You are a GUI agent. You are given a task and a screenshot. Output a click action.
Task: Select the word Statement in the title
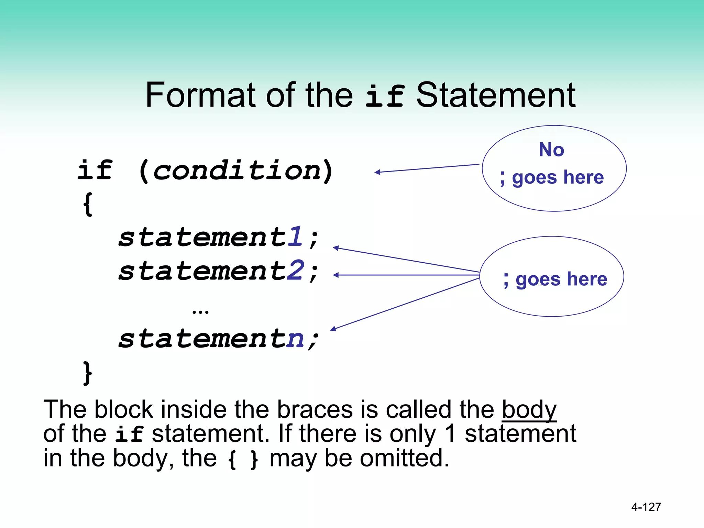pyautogui.click(x=496, y=95)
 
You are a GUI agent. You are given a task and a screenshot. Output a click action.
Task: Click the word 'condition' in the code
pyautogui.click(x=237, y=170)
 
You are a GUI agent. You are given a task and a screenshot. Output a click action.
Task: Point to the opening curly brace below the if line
pyautogui.click(x=88, y=204)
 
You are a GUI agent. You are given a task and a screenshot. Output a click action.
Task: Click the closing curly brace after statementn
pyautogui.click(x=88, y=373)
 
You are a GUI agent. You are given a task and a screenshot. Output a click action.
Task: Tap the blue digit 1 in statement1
pyautogui.click(x=295, y=237)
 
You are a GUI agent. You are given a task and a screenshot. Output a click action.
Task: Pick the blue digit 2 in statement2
pyautogui.click(x=295, y=271)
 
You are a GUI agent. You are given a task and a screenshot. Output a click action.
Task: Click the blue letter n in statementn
pyautogui.click(x=295, y=339)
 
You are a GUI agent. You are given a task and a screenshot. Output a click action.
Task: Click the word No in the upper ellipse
pyautogui.click(x=551, y=150)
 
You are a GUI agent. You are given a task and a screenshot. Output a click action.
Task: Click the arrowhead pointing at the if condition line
pyautogui.click(x=377, y=172)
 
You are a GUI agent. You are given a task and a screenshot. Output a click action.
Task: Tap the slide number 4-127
pyautogui.click(x=646, y=507)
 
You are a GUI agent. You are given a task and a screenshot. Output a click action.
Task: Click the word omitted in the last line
pyautogui.click(x=405, y=458)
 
